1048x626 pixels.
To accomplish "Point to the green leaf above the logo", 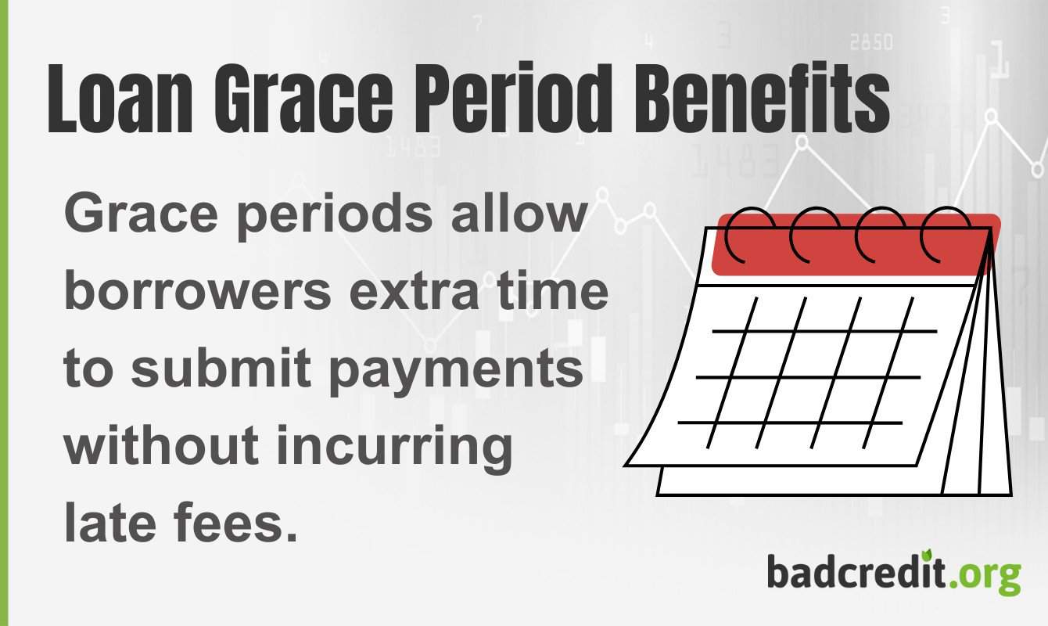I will point(928,552).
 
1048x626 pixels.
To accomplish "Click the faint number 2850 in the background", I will point(870,42).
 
